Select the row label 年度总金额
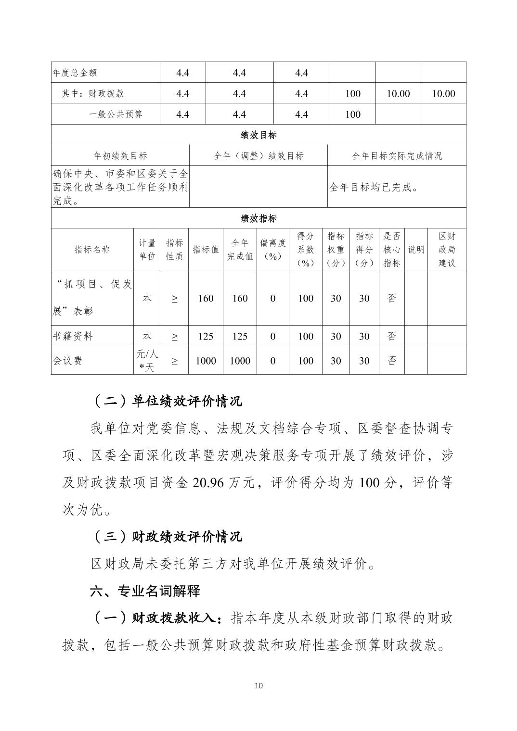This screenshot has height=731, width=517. pos(75,73)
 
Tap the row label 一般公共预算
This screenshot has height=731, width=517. pos(116,114)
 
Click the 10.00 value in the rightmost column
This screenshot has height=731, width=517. pos(443,94)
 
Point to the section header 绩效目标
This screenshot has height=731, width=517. pos(258,135)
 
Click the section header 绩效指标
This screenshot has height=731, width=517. pos(258,218)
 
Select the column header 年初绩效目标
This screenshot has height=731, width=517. pos(120,156)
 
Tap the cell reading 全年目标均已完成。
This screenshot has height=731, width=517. pos(374,187)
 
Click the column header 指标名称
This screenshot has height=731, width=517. pos(92,249)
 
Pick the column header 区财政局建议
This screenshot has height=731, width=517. pos(447,249)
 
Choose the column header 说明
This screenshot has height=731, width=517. pos(416,249)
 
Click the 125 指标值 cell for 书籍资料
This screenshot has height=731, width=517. pos(206,336)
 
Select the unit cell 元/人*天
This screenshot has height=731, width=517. pos(147,361)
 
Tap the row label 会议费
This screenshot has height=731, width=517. pos(67,361)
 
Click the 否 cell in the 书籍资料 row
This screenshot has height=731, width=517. pos(392,336)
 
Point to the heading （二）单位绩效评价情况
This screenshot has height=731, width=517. pos(166,401)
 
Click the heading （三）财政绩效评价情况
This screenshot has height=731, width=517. pos(166,537)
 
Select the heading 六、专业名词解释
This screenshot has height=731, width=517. pos(145,591)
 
